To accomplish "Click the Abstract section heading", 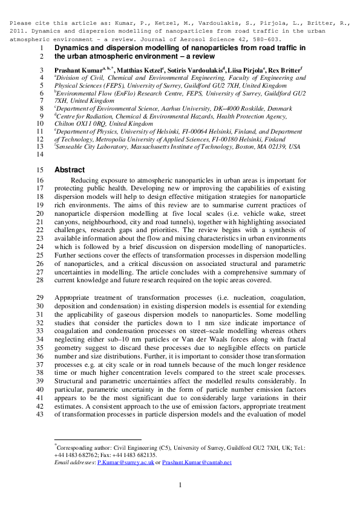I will pyautogui.click(x=70, y=170).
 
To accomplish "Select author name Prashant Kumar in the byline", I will pyautogui.click(x=79, y=71).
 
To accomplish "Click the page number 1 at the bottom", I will pyautogui.click(x=180, y=485).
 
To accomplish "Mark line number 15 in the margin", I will pyautogui.click(x=41, y=170).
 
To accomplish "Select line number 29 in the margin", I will pyautogui.click(x=41, y=298).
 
